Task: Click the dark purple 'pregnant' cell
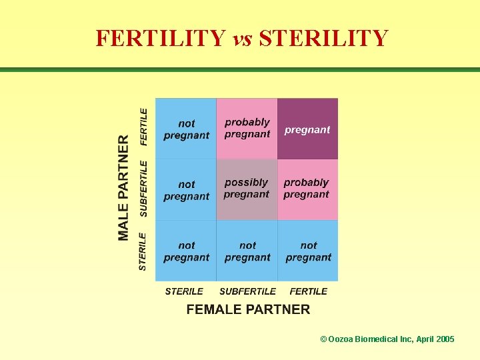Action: click(307, 129)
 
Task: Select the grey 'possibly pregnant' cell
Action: click(247, 189)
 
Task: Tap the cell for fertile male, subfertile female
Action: click(247, 129)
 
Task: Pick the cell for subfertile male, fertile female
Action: click(307, 189)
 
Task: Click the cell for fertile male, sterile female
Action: click(186, 129)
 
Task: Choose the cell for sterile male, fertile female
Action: click(307, 251)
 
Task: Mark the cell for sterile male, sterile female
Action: click(186, 251)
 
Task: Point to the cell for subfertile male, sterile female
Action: click(186, 189)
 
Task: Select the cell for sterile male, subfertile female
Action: click(247, 251)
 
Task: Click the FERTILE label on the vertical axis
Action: click(143, 127)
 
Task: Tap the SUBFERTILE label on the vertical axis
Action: click(143, 188)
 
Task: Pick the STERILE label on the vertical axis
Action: click(143, 251)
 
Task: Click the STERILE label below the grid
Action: click(184, 291)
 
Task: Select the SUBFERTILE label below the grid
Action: click(247, 291)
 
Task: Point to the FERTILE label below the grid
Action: click(308, 291)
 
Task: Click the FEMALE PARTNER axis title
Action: click(248, 309)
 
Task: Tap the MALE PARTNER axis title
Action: click(124, 188)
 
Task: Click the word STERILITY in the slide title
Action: click(323, 38)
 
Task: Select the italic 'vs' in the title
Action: click(242, 39)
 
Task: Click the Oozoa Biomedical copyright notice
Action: click(387, 339)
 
